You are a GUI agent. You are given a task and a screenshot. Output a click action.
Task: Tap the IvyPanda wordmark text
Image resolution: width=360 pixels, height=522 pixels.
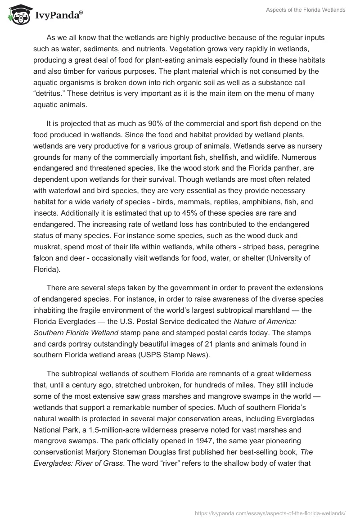tap(59, 16)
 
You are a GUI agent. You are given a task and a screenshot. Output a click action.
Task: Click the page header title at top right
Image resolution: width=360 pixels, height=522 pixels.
tap(305, 9)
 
